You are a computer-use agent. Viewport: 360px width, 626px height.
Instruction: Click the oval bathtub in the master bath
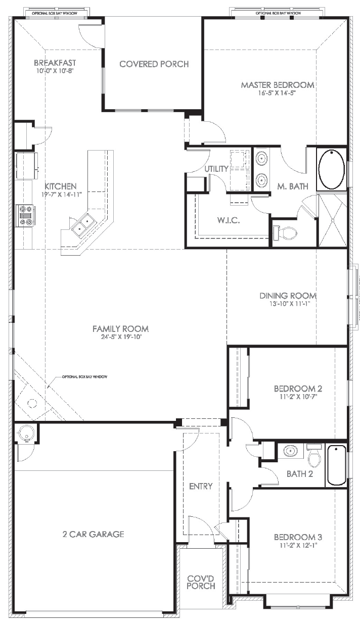tap(332, 169)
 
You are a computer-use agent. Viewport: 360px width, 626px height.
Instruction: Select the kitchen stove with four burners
tap(25, 215)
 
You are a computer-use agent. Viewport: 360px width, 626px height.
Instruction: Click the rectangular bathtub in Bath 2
tap(336, 464)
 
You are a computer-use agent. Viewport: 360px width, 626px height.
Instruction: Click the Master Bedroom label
tap(277, 85)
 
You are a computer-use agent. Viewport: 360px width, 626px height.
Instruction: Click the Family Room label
tap(120, 329)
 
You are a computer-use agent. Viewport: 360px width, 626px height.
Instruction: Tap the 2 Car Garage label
tap(93, 534)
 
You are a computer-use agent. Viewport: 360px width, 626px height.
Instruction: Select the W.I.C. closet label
tap(229, 221)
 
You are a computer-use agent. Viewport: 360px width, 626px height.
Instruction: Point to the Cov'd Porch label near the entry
tap(201, 582)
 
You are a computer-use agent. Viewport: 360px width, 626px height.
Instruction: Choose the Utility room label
tap(216, 169)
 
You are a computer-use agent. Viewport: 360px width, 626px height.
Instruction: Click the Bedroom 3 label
tap(298, 537)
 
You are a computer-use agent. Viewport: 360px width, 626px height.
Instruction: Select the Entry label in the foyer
tap(201, 487)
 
